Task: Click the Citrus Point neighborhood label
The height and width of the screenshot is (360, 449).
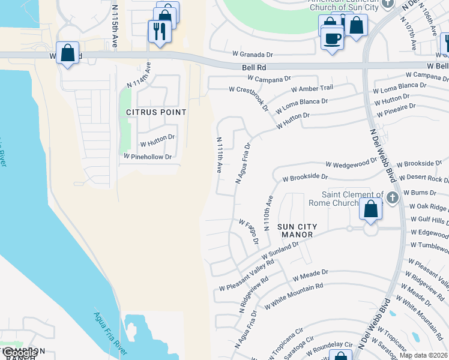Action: click(x=156, y=112)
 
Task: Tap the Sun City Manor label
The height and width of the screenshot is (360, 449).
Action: click(x=296, y=230)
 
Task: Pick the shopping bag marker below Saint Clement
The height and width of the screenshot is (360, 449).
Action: click(x=370, y=209)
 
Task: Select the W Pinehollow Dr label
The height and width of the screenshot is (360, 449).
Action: click(x=148, y=157)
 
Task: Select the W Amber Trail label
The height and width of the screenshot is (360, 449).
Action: click(x=312, y=88)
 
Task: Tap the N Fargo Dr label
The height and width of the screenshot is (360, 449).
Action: click(x=252, y=232)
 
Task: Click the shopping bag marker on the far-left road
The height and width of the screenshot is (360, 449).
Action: click(x=68, y=53)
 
